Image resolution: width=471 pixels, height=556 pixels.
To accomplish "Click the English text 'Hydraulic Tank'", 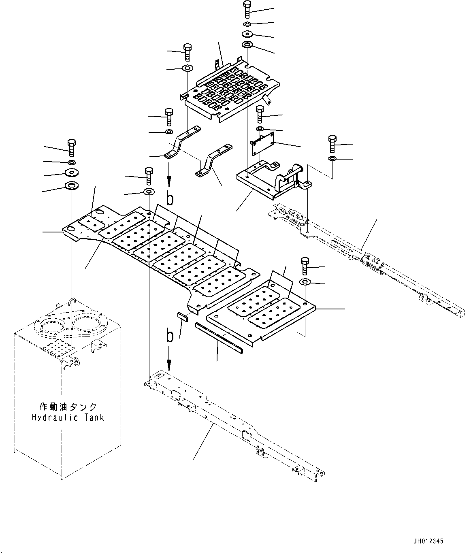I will point(68,418).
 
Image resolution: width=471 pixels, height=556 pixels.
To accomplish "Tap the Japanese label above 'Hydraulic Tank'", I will point(68,407).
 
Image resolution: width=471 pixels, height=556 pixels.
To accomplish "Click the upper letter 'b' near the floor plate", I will point(170,198).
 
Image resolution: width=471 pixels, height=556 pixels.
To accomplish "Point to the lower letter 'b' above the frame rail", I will point(170,336).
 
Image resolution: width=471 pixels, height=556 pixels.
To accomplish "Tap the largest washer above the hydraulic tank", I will point(72,187).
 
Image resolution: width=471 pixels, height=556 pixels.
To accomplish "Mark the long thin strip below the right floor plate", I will point(218,336).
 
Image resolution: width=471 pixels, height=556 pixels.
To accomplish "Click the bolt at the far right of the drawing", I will point(332,144).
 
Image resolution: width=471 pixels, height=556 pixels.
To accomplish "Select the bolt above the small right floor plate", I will point(305,266).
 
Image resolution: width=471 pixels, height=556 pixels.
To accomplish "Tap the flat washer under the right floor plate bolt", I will point(305,281).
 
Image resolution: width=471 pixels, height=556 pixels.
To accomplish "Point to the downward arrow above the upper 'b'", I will point(169,179).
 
